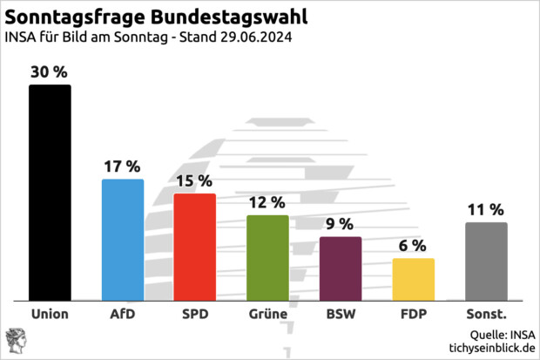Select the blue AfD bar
pos(123,239)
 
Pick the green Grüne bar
pos(267,257)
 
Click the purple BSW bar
pos(341,268)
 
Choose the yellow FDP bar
pos(413,279)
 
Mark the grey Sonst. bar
pos(486,261)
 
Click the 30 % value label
pos(50,72)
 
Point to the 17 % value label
pos(123,166)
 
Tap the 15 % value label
pos(195,181)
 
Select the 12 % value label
pos(267,202)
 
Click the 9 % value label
pos(341,224)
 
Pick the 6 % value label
pos(413,246)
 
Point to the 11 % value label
pos(486,209)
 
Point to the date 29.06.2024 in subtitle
pos(253,37)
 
